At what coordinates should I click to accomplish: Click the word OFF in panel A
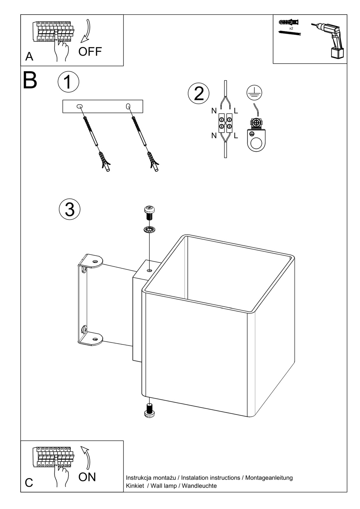click(90, 51)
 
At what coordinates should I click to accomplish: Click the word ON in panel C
click(87, 477)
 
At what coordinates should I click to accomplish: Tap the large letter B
click(30, 81)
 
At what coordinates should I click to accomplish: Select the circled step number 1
click(68, 82)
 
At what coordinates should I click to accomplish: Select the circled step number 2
click(199, 94)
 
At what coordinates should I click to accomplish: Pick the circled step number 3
click(70, 209)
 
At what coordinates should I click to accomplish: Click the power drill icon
click(329, 40)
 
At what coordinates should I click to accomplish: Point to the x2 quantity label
click(291, 28)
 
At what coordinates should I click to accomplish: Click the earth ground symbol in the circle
click(254, 92)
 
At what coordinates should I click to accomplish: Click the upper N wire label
click(214, 111)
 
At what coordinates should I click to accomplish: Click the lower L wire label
click(236, 136)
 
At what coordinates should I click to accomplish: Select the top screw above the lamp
click(149, 213)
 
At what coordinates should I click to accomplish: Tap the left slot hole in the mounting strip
click(79, 106)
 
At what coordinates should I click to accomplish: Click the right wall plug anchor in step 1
click(153, 162)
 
